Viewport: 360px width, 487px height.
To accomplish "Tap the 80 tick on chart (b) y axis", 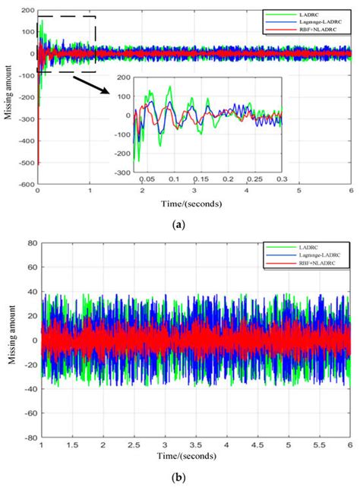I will click(x=30, y=243).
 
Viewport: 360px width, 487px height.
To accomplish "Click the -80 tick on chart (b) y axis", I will click(x=28, y=438).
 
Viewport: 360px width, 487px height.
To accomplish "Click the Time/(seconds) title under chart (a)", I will click(x=181, y=204).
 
